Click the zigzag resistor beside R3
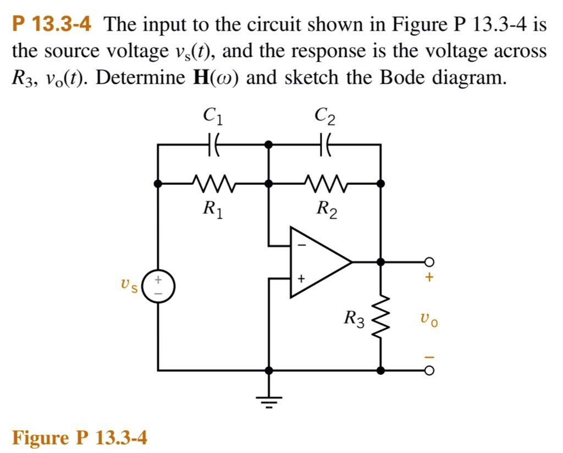(x=380, y=316)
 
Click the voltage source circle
(x=158, y=286)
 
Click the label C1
(x=213, y=115)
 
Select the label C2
(x=324, y=115)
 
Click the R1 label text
(x=213, y=209)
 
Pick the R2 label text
(x=324, y=209)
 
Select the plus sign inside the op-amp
(x=301, y=280)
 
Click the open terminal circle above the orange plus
(x=429, y=261)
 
